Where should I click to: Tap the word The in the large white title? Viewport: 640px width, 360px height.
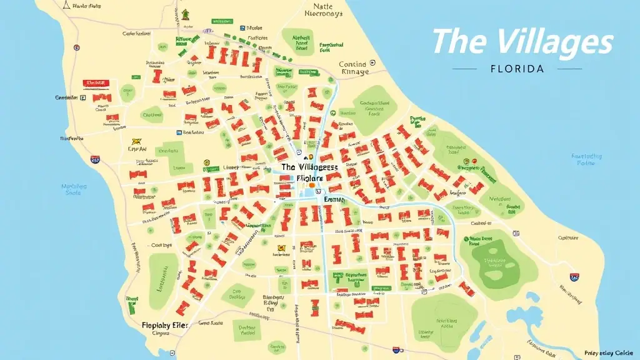click(457, 42)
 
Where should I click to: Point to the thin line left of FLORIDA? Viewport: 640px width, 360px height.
click(468, 68)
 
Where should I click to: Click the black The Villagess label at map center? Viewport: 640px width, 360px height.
click(309, 167)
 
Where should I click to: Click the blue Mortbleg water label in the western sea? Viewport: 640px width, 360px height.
click(74, 189)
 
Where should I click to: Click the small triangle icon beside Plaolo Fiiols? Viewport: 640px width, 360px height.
click(76, 6)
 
